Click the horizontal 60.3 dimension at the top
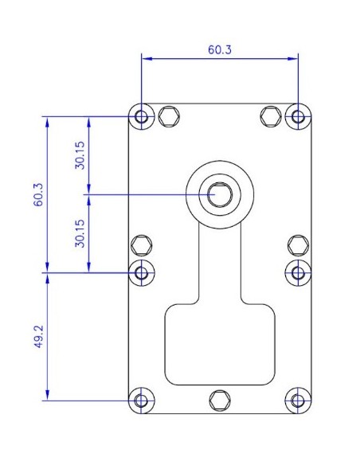(x=220, y=49)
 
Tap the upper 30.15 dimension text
(x=80, y=155)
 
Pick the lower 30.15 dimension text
(x=80, y=232)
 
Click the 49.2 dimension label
(x=37, y=335)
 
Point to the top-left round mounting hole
(x=143, y=117)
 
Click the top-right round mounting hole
(x=298, y=117)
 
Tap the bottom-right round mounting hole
(x=298, y=400)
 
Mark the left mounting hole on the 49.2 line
(x=143, y=272)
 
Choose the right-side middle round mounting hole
(x=298, y=272)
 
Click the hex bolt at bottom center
(x=220, y=400)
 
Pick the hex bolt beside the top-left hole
(x=168, y=116)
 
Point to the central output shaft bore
(x=220, y=193)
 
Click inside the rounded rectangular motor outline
(x=220, y=342)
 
